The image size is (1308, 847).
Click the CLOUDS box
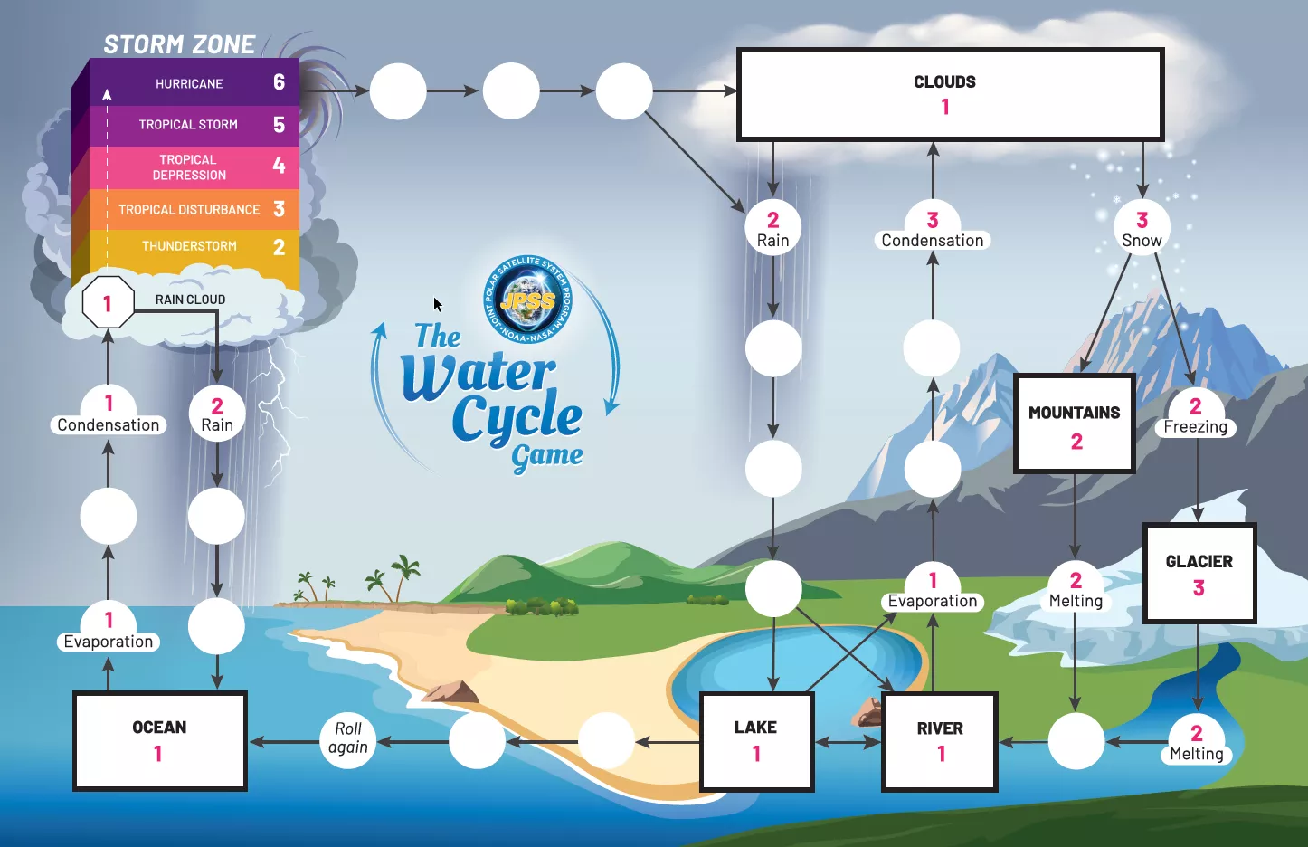pyautogui.click(x=950, y=94)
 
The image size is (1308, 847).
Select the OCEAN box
pyautogui.click(x=160, y=740)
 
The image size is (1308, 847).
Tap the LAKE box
pyautogui.click(x=756, y=741)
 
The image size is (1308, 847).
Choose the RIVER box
pyautogui.click(x=940, y=741)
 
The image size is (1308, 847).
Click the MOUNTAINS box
pyautogui.click(x=1075, y=423)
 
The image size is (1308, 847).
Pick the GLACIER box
pyautogui.click(x=1199, y=573)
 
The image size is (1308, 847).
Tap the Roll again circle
pyautogui.click(x=348, y=738)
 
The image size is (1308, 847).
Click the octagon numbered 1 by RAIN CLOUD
pyautogui.click(x=108, y=303)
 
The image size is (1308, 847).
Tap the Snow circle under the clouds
pyautogui.click(x=1142, y=227)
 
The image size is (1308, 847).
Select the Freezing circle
pyautogui.click(x=1195, y=414)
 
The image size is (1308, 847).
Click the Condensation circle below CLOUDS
pyautogui.click(x=933, y=227)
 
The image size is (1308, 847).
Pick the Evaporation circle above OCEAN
pyautogui.click(x=109, y=627)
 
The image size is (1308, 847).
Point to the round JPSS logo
pyautogui.click(x=527, y=300)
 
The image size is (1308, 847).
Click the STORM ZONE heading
pyautogui.click(x=179, y=44)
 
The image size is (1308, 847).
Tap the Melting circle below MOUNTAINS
pyautogui.click(x=1076, y=588)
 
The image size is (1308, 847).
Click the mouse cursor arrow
pyautogui.click(x=438, y=305)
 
